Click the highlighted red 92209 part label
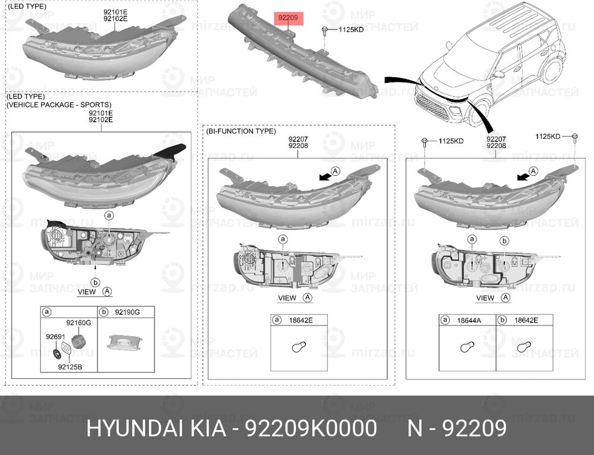[x=288, y=17]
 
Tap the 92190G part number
[x=127, y=312]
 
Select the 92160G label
[x=78, y=323]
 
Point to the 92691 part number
[x=55, y=336]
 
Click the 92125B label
[x=69, y=366]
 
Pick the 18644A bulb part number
[x=469, y=321]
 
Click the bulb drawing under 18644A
[x=467, y=347]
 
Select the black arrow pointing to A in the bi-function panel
[x=325, y=176]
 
